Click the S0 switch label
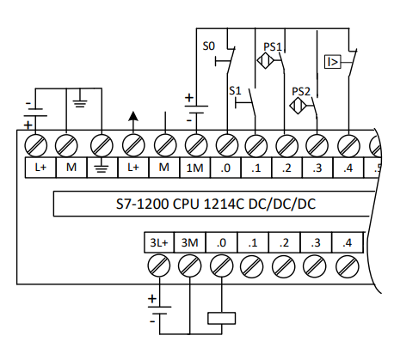click(208, 48)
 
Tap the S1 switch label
click(235, 89)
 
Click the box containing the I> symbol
click(332, 61)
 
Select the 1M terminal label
click(195, 168)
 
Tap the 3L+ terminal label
click(159, 243)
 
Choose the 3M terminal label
click(190, 243)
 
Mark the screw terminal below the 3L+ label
click(159, 268)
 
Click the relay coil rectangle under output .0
click(222, 318)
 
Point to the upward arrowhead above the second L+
click(132, 115)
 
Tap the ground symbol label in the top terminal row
click(102, 168)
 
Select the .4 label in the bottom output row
click(346, 243)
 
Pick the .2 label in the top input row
click(287, 168)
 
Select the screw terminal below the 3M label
click(190, 268)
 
